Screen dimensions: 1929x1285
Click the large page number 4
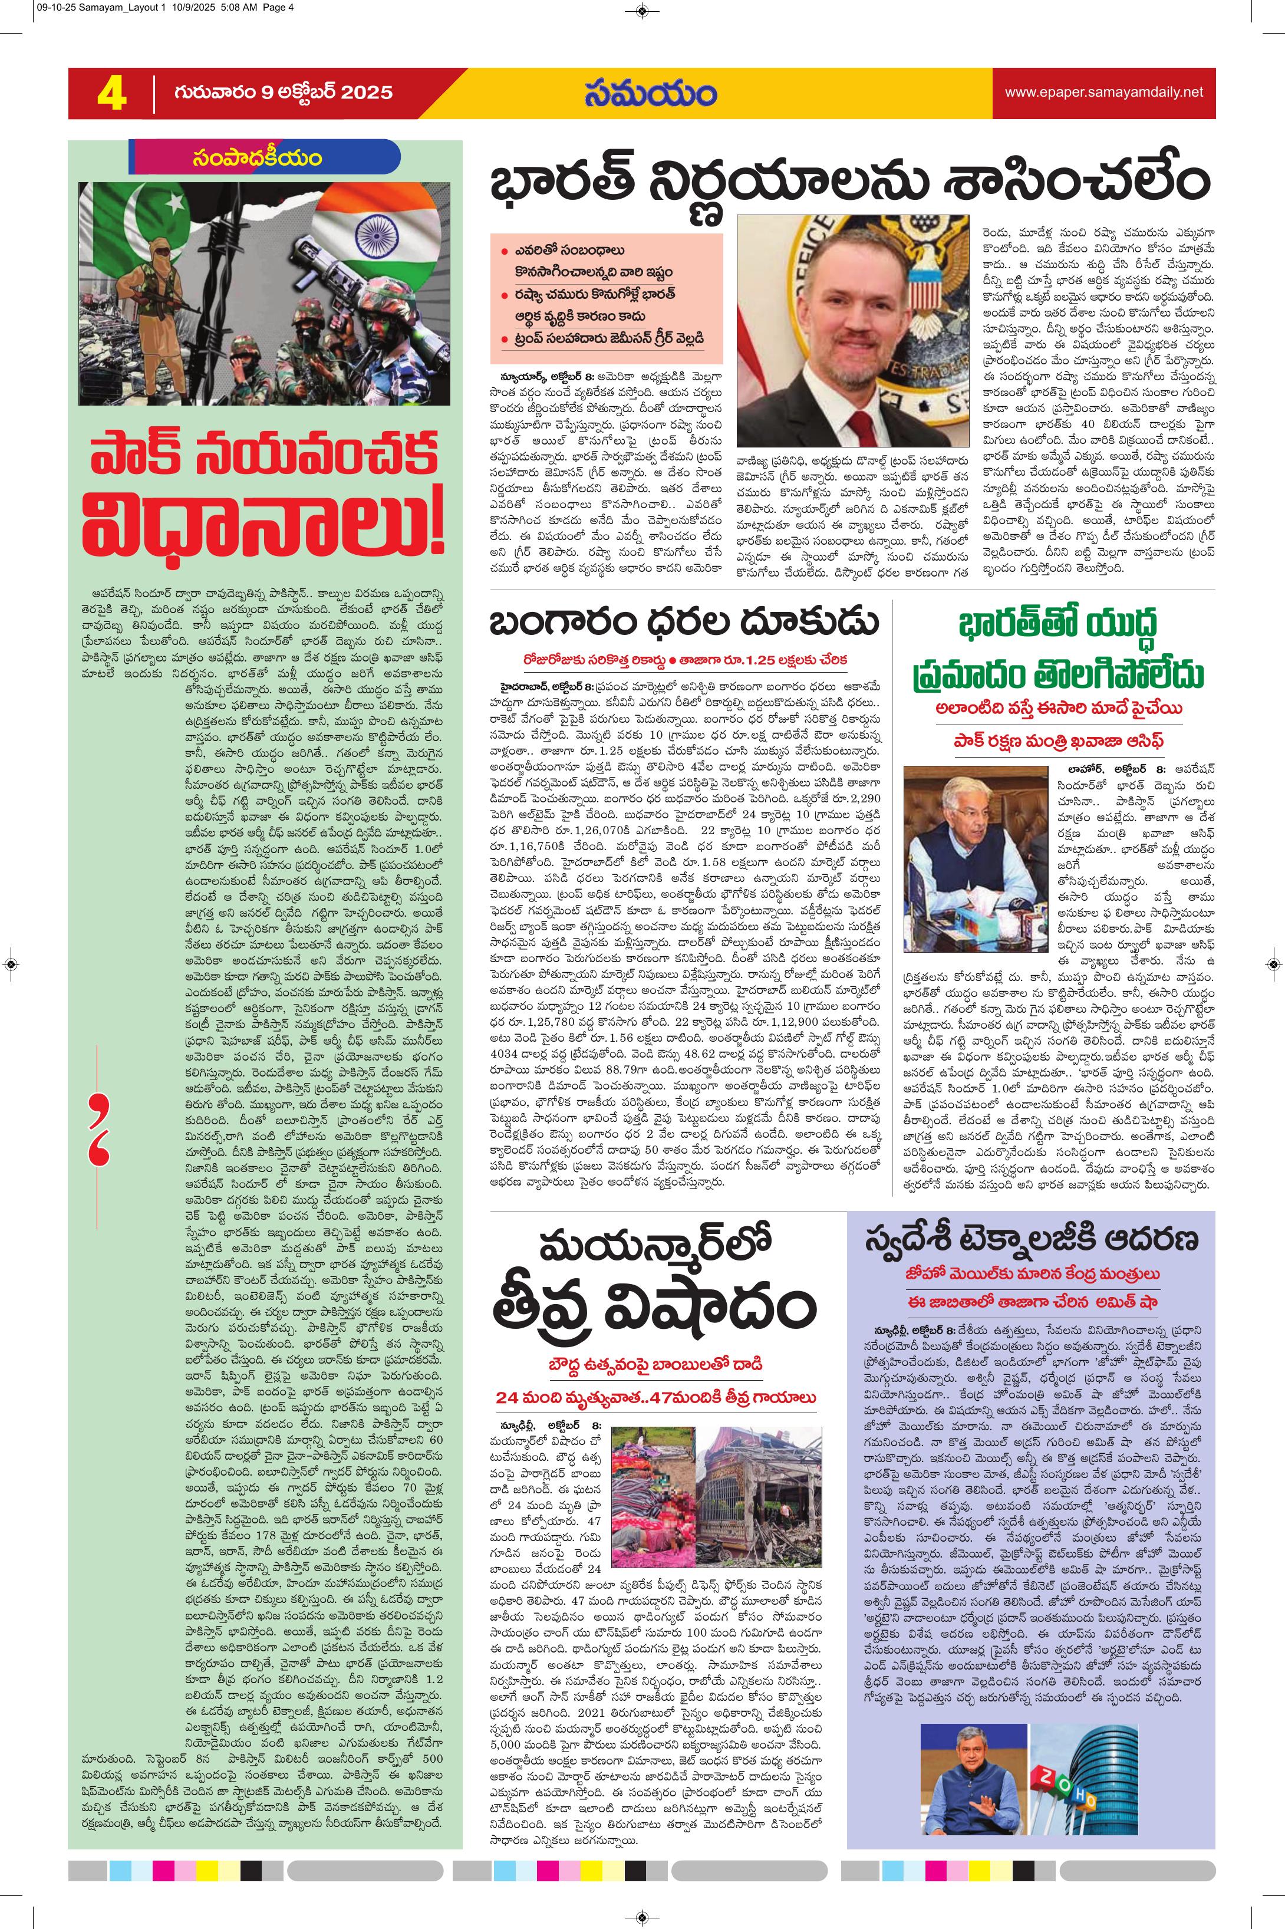(x=111, y=93)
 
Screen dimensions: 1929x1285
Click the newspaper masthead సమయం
(x=651, y=93)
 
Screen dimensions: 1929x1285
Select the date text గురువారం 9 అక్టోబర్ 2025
(x=283, y=93)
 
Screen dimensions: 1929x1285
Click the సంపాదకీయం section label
(x=258, y=158)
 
